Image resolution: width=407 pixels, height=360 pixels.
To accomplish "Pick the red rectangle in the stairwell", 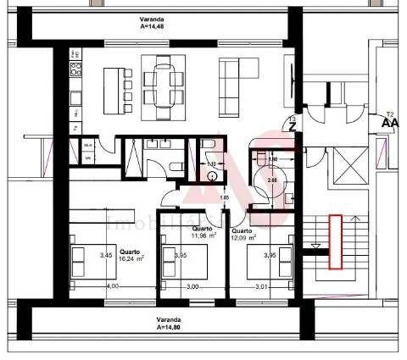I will (336, 241).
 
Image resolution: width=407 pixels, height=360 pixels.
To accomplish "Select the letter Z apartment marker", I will (293, 127).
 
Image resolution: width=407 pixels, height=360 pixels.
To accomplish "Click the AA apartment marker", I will (390, 122).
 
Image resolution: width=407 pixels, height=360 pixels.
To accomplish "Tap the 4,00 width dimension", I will (112, 287).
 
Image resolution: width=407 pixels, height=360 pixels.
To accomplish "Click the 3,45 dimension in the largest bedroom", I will (105, 254).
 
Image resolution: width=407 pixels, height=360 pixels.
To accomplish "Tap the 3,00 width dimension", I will (192, 287).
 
